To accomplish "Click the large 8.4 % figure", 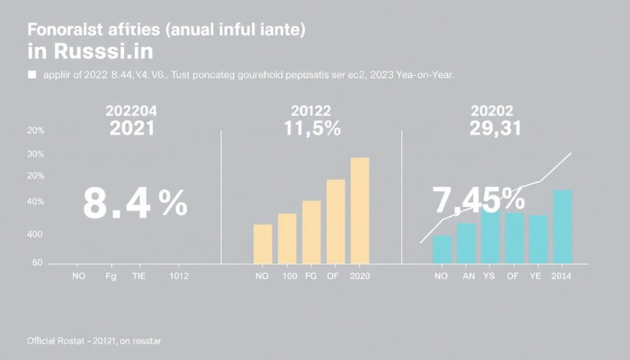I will (134, 204).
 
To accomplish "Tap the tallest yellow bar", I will (360, 209).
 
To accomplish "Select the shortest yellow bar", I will (263, 244).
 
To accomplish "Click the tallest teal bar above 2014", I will (563, 226).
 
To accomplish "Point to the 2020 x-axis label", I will (360, 277).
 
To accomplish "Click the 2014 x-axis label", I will (562, 277).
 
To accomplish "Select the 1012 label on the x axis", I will (179, 277).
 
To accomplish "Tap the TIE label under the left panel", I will (140, 277).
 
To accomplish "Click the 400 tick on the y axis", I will (34, 234).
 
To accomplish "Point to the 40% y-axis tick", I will (35, 202).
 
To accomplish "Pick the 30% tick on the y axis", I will (35, 154).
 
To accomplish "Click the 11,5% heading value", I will (313, 129).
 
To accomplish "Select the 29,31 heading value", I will (495, 129).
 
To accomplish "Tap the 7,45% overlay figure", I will (478, 198).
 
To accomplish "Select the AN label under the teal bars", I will (468, 277).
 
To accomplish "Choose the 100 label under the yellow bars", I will (290, 277).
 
